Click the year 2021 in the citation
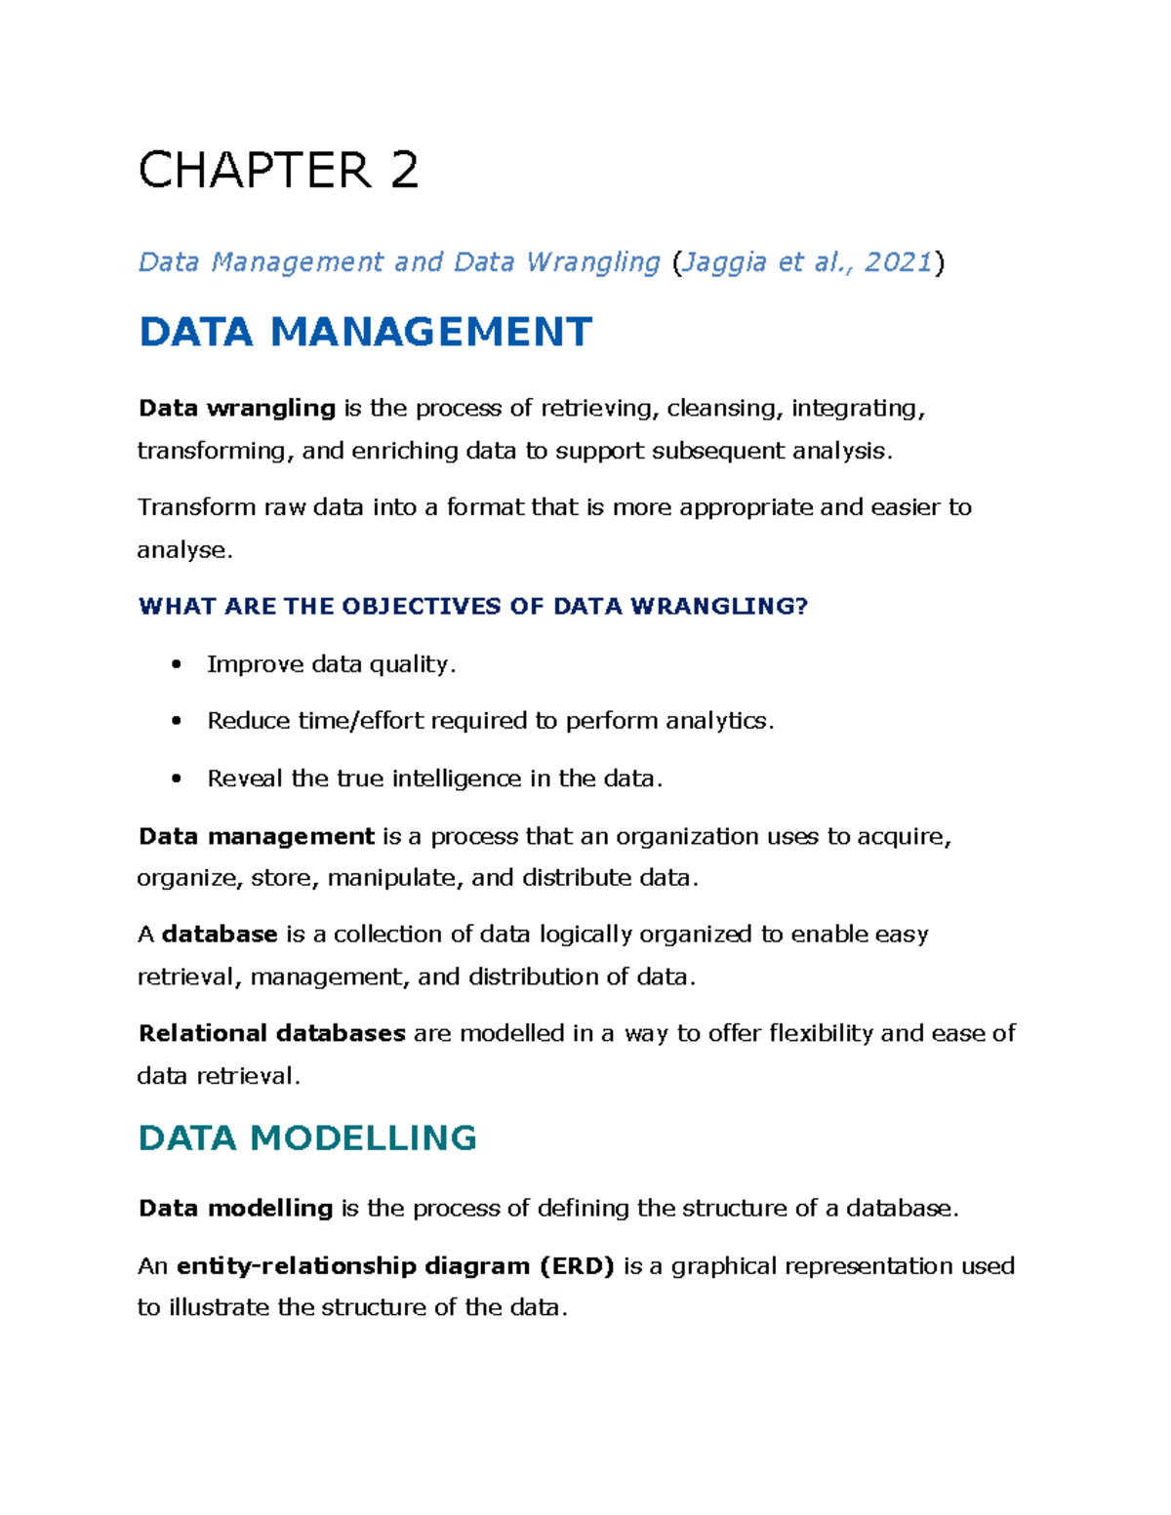898,261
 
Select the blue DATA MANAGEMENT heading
365,332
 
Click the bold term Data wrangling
237,408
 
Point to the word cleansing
723,408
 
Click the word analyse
182,550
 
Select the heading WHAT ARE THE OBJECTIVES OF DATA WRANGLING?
473,607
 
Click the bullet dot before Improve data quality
176,664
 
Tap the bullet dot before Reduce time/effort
176,721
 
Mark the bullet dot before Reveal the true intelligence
176,778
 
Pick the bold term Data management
257,836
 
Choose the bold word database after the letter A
220,935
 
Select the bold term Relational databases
271,1033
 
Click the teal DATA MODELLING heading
307,1137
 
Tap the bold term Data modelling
236,1209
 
